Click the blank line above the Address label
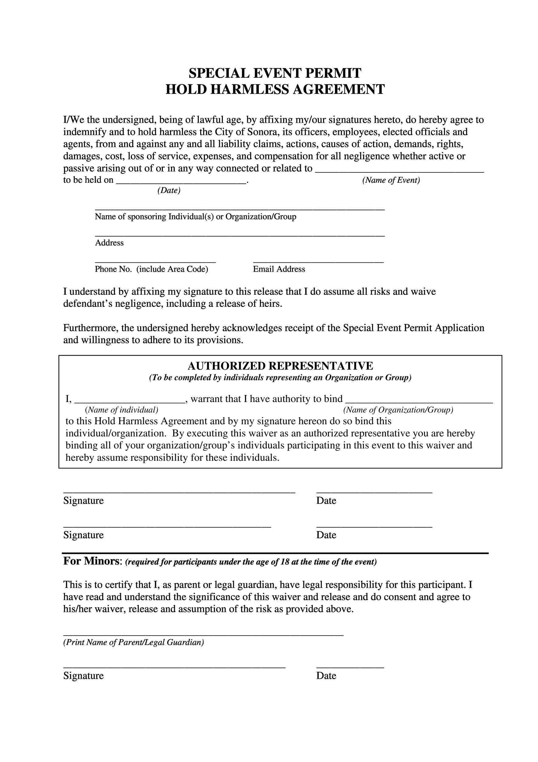(240, 234)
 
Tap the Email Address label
(279, 269)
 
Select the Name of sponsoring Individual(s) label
(195, 217)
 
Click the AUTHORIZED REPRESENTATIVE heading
(280, 366)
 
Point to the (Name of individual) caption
(122, 410)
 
